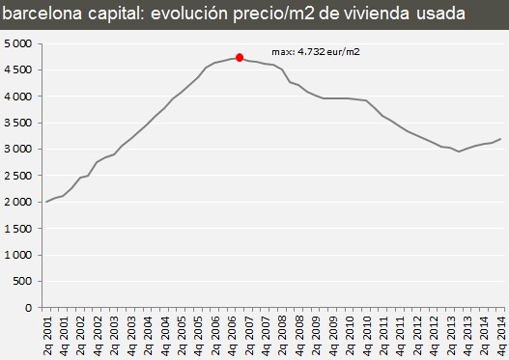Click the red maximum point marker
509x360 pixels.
240,58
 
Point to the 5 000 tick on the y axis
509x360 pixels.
18,43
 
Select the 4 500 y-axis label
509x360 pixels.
18,69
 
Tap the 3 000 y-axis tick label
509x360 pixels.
18,149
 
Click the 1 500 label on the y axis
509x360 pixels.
18,228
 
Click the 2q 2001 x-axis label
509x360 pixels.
47,332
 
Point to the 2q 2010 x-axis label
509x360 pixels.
350,332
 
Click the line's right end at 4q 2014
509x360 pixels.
501,139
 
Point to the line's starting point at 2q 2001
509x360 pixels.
47,202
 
